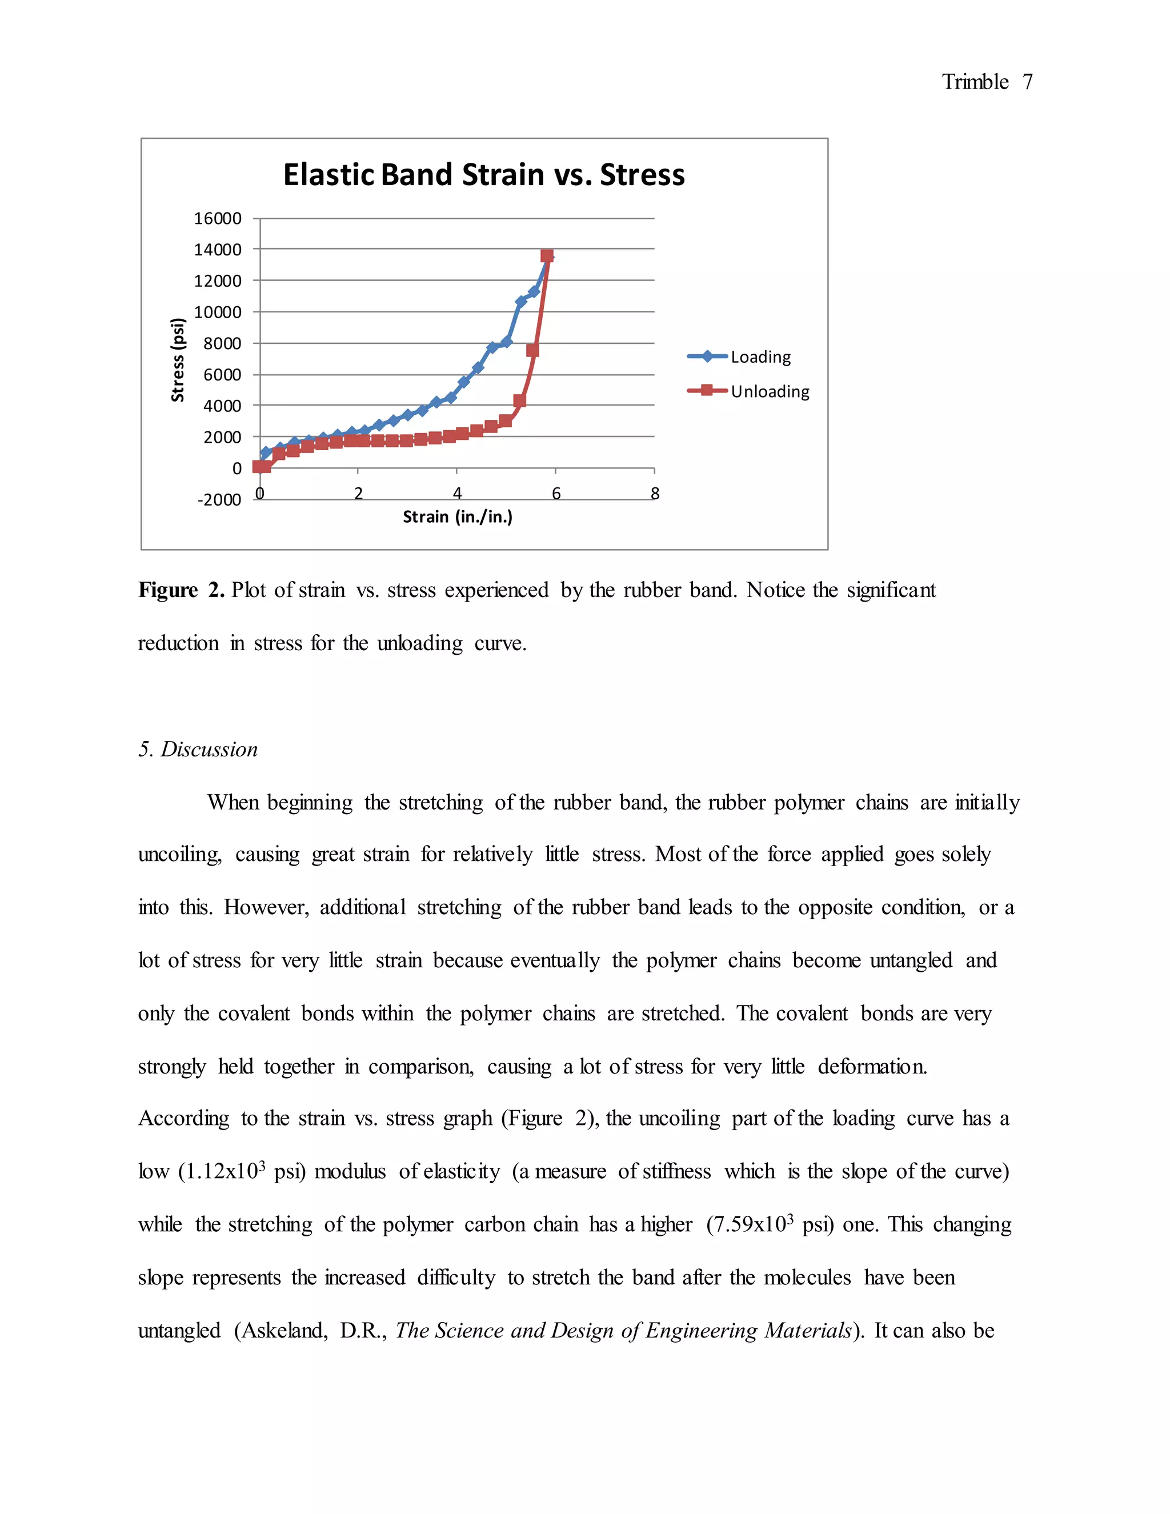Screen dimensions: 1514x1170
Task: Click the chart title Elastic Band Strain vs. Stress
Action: pos(484,175)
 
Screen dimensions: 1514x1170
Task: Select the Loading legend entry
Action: pos(760,357)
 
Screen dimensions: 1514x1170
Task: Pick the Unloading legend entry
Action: pos(770,392)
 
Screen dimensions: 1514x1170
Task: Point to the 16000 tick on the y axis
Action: pos(218,218)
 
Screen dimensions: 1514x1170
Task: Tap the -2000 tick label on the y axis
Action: pos(219,500)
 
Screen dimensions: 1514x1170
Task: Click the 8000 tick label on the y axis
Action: pos(222,343)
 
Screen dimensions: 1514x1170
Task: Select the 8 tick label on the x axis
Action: pos(654,494)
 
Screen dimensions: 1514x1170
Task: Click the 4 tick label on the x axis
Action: pos(457,494)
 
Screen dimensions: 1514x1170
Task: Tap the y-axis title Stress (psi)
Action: pos(178,359)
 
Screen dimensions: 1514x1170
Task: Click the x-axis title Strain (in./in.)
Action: pos(458,516)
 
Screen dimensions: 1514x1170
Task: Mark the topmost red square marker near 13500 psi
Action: pos(546,256)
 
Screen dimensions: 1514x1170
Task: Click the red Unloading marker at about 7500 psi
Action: pos(532,350)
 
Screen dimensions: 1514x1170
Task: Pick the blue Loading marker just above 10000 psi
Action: pos(520,302)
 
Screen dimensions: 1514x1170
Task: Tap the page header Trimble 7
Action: pos(986,82)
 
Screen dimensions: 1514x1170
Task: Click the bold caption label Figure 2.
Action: pos(181,590)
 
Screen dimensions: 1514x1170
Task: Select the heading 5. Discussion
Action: pos(198,750)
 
